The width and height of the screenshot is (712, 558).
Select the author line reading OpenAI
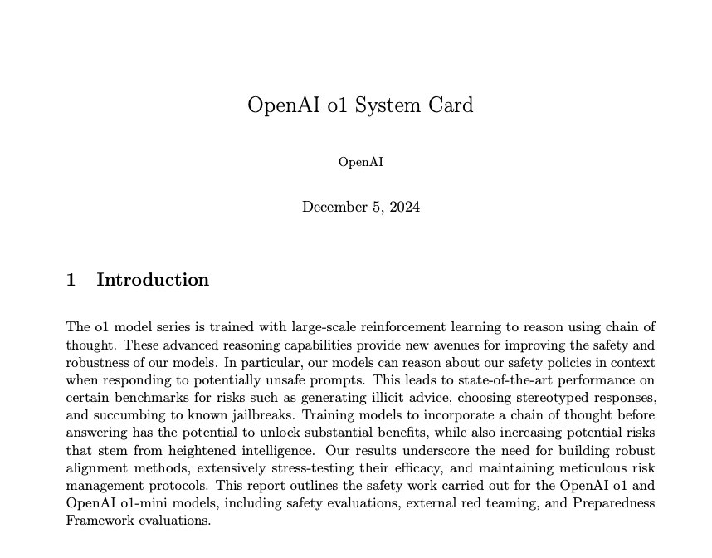coord(361,162)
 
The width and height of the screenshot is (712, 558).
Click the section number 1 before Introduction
coord(71,280)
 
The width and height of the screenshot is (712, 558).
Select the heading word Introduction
coord(153,280)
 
